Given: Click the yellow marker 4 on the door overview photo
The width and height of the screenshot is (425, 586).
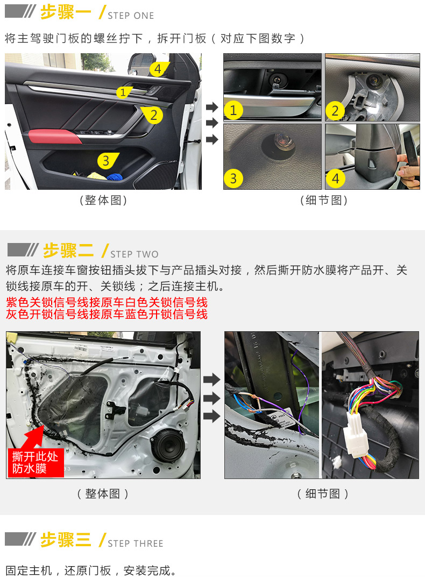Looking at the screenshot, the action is pyautogui.click(x=158, y=69).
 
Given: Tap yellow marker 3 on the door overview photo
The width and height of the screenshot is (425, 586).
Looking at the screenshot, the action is pyautogui.click(x=107, y=161).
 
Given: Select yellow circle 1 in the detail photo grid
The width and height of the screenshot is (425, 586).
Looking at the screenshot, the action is pyautogui.click(x=233, y=110).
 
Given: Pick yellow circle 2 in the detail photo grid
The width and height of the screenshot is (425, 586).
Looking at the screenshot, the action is pyautogui.click(x=335, y=111).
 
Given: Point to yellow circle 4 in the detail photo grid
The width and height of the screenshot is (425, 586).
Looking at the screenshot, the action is pyautogui.click(x=335, y=178).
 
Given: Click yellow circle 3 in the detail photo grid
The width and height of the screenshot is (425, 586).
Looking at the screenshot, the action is pyautogui.click(x=233, y=178).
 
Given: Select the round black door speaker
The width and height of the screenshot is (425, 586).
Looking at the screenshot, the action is pyautogui.click(x=168, y=446).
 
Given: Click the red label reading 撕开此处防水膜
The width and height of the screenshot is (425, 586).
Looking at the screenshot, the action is pyautogui.click(x=36, y=463).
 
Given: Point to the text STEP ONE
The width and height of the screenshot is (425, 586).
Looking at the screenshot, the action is pyautogui.click(x=131, y=16).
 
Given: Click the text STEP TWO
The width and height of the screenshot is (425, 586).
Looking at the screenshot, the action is pyautogui.click(x=134, y=254).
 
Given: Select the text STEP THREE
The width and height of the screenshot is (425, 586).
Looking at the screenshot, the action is pyautogui.click(x=136, y=544).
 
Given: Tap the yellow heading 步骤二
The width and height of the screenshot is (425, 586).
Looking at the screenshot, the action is pyautogui.click(x=68, y=251).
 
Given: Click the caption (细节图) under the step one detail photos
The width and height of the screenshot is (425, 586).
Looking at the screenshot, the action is pyautogui.click(x=324, y=201).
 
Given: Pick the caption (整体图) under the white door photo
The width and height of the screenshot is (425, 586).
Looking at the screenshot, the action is pyautogui.click(x=103, y=494).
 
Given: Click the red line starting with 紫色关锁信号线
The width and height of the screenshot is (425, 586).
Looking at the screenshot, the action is pyautogui.click(x=107, y=302).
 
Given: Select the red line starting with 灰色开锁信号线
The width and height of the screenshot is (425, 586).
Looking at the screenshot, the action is pyautogui.click(x=107, y=315).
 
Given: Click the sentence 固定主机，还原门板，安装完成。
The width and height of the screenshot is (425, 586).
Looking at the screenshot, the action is pyautogui.click(x=91, y=570).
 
